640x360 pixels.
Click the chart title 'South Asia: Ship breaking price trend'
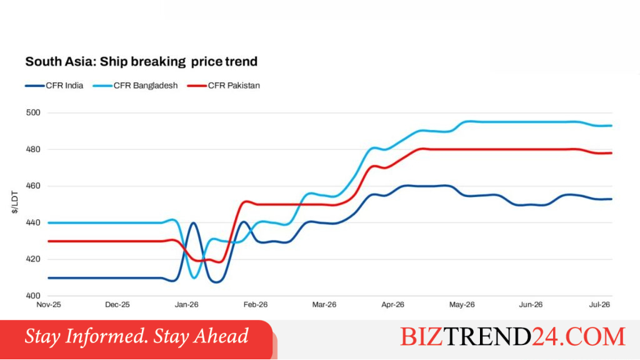141,62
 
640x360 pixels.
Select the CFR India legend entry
54,86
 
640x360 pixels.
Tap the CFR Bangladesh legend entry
136,86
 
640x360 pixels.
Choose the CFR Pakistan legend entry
224,86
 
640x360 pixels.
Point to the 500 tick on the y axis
33,112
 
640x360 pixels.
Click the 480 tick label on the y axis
33,149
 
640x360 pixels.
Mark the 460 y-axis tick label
33,186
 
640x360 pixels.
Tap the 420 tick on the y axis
33,259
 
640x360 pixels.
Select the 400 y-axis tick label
33,296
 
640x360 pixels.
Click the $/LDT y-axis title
15,202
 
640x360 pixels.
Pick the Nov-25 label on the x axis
49,305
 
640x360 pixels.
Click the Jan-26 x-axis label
186,305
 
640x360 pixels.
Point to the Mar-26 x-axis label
324,305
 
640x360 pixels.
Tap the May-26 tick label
462,305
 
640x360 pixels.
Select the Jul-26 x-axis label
599,305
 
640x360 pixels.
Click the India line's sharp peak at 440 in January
193,223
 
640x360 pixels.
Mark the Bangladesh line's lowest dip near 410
194,278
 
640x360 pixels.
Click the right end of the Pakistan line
611,153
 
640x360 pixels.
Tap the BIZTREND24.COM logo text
512,337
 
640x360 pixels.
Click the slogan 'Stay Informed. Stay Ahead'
136,336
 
